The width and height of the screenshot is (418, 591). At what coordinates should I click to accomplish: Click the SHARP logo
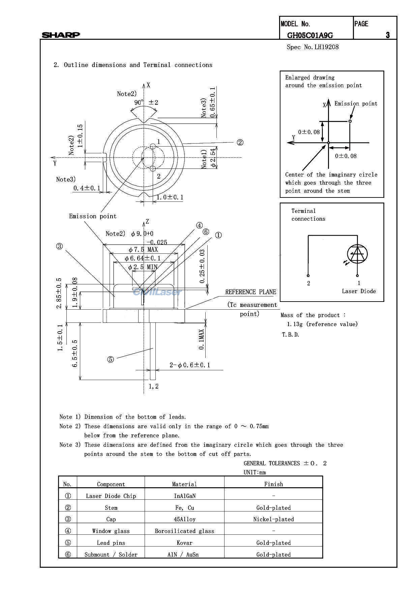(x=61, y=35)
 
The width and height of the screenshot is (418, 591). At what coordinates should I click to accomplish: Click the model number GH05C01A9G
(x=310, y=35)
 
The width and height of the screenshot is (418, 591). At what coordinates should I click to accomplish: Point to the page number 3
(x=388, y=35)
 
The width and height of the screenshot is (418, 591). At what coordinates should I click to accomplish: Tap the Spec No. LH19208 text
(x=312, y=47)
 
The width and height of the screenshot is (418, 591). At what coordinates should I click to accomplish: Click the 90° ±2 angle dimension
(x=146, y=102)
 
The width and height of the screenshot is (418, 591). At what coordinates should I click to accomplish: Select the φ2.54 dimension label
(x=213, y=158)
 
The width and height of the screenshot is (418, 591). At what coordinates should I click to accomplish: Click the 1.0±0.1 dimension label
(x=170, y=197)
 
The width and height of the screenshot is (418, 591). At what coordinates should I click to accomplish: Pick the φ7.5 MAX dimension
(x=143, y=250)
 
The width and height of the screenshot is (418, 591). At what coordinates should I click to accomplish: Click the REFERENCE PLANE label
(x=250, y=292)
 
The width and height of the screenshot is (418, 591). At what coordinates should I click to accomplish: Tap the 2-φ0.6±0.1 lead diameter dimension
(x=190, y=365)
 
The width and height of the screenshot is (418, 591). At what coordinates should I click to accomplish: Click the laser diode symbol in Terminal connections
(x=357, y=254)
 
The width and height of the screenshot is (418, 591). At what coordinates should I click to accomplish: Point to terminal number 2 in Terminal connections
(x=308, y=283)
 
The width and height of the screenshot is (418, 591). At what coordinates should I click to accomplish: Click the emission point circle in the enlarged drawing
(x=350, y=121)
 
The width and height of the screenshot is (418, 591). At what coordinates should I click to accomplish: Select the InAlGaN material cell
(x=184, y=496)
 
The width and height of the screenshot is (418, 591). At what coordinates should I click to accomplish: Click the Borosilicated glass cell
(x=184, y=531)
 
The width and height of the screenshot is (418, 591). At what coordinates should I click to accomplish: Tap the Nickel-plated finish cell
(x=273, y=519)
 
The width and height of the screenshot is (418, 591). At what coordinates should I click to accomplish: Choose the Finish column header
(x=273, y=484)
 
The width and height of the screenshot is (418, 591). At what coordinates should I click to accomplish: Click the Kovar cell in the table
(x=184, y=543)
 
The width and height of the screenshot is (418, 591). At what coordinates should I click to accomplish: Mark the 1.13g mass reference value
(x=322, y=324)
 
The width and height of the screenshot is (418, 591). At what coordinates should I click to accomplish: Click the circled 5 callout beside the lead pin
(x=111, y=360)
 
